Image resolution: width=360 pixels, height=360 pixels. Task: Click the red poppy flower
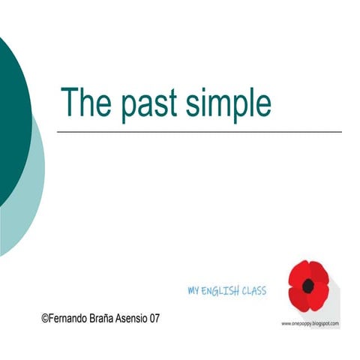308,285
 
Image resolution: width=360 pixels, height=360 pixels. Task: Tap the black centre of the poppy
308,286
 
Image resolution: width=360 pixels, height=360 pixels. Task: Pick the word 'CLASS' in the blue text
253,290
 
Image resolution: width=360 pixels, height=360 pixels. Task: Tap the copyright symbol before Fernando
45,318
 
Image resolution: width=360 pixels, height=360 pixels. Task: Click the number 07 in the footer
155,318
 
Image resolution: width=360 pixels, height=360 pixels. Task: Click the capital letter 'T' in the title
70,101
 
